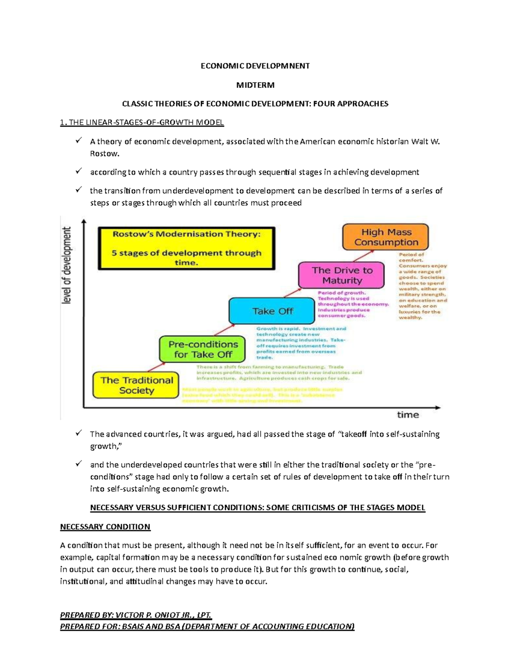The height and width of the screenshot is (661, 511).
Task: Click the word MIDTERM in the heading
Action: pyautogui.click(x=255, y=85)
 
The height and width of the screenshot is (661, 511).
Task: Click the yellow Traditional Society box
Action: pyautogui.click(x=136, y=385)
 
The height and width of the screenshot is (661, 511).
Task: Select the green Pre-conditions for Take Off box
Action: pyautogui.click(x=203, y=349)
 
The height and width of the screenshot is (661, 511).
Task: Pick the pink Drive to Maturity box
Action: pyautogui.click(x=342, y=275)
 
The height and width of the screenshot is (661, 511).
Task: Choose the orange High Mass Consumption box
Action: pyautogui.click(x=386, y=237)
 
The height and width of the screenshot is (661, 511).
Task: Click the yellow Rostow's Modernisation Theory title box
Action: pyautogui.click(x=187, y=248)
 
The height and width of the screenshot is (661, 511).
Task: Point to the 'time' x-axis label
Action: pyautogui.click(x=408, y=415)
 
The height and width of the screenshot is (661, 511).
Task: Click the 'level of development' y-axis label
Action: pyautogui.click(x=67, y=266)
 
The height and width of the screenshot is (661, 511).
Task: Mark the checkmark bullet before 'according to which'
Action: pyautogui.click(x=78, y=171)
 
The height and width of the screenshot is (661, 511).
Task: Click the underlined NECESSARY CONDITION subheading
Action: pyautogui.click(x=105, y=527)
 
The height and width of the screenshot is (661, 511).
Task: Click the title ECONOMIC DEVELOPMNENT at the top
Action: pyautogui.click(x=255, y=66)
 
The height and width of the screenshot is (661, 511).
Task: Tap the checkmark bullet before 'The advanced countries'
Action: pyautogui.click(x=78, y=433)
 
